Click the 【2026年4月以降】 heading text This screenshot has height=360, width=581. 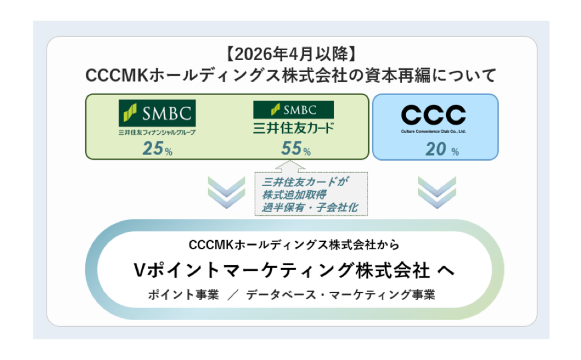[x=290, y=55]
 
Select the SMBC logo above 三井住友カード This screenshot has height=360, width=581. [x=293, y=110]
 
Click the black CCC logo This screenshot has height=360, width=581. [x=434, y=114]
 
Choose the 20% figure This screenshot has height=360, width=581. [x=441, y=149]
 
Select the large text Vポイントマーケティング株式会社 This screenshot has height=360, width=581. [x=281, y=270]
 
